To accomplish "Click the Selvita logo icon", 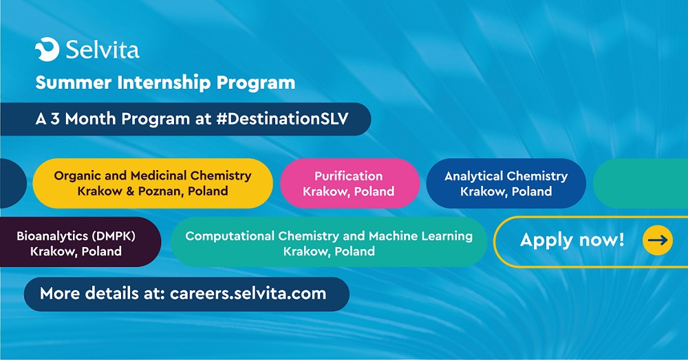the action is tap(47, 49).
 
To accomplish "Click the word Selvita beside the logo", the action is tap(103, 50).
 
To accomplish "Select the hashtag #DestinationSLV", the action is tap(283, 118).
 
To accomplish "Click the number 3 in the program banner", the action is tap(55, 119).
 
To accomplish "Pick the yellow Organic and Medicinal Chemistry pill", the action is tap(153, 183).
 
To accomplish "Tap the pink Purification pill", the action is tap(350, 183).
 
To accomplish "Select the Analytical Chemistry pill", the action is tap(506, 183).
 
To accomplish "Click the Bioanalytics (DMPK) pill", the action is tap(80, 242).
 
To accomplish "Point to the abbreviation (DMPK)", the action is tap(113, 236).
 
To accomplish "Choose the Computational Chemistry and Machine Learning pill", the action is tap(329, 242).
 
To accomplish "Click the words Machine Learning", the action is tap(421, 236).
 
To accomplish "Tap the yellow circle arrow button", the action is tap(657, 240).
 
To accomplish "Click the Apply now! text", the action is tap(572, 240).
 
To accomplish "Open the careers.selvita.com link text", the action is tap(248, 293).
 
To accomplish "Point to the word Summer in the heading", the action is tap(74, 83).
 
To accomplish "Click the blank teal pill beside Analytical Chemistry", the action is tap(641, 183).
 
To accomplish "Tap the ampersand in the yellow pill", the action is tap(130, 191).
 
